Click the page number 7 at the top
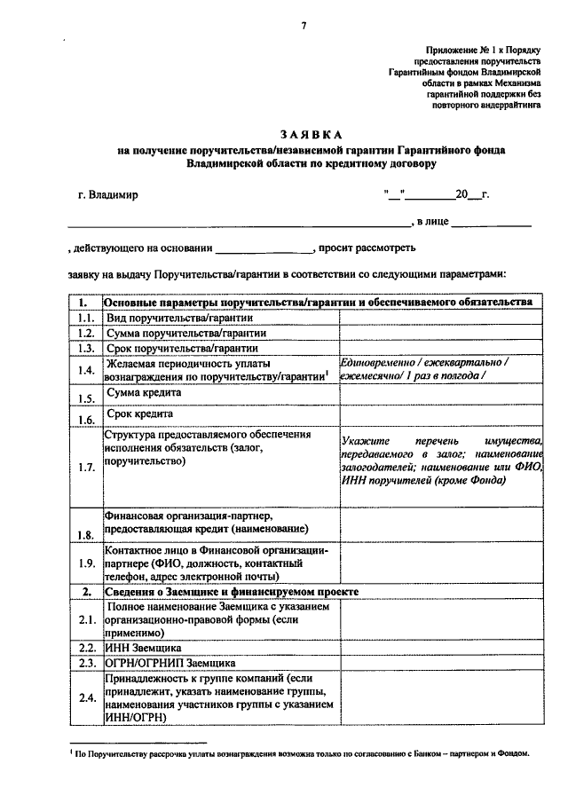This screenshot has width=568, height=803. pos(303,24)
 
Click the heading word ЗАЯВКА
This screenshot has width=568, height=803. pos(311,135)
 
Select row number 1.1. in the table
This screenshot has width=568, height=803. pos(85,318)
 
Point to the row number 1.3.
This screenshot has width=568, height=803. pos(85,349)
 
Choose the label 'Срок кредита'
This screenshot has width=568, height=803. pos(139,413)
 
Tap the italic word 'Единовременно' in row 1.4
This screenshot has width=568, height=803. pos(378,362)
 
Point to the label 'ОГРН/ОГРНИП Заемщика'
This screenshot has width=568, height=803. pos(170,663)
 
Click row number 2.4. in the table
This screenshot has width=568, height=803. pos(85,698)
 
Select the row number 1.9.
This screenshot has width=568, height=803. pos(85,563)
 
